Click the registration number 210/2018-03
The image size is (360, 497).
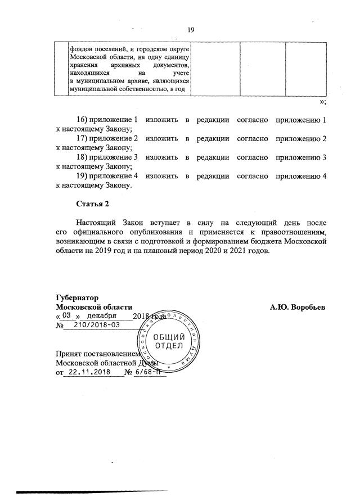tap(96, 326)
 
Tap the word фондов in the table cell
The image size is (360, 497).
tap(82, 49)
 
